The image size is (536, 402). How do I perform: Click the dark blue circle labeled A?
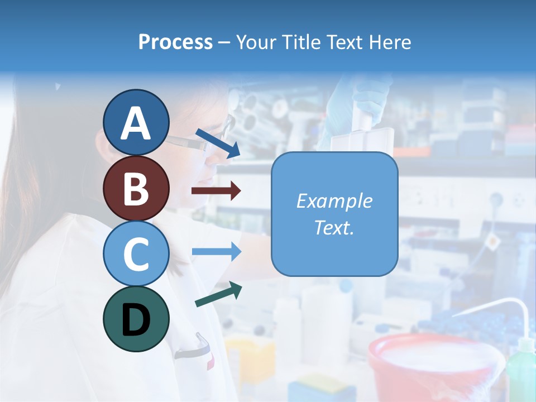click(136, 123)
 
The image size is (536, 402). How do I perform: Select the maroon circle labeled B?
click(136, 188)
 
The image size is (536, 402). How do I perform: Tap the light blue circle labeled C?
click(136, 253)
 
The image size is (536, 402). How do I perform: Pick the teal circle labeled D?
click(136, 319)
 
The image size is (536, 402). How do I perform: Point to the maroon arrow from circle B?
click(216, 191)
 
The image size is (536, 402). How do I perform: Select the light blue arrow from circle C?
click(216, 251)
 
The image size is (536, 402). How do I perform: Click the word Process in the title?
click(175, 42)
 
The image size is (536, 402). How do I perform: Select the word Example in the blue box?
click(334, 201)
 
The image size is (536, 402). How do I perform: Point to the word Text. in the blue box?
click(334, 228)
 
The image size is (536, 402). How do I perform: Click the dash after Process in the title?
click(224, 42)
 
